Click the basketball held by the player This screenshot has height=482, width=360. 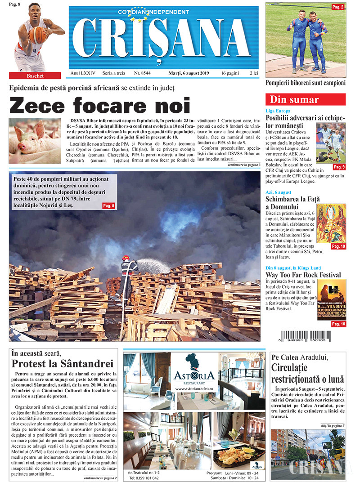pyautogui.click(x=38, y=35)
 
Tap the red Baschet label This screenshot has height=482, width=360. pyautogui.click(x=35, y=76)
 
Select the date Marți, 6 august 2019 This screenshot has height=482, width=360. pyautogui.click(x=185, y=73)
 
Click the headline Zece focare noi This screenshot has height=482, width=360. pyautogui.click(x=100, y=105)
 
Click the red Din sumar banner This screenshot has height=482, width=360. pyautogui.click(x=306, y=99)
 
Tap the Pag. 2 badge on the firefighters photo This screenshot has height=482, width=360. pyautogui.click(x=337, y=7)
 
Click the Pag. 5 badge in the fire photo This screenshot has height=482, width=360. pyautogui.click(x=108, y=205)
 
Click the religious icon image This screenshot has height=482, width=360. pyautogui.click(x=331, y=223)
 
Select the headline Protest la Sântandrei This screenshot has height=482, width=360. pyautogui.click(x=62, y=363)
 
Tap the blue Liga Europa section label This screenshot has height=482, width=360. pyautogui.click(x=278, y=111)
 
